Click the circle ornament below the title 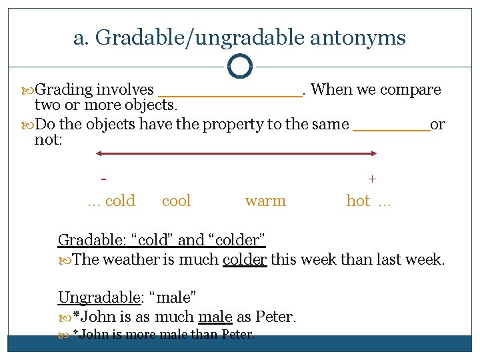pyautogui.click(x=239, y=66)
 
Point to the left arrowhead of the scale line pyautogui.click(x=99, y=153)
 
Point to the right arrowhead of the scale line pyautogui.click(x=374, y=153)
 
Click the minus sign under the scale pyautogui.click(x=103, y=179)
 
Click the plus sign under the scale pyautogui.click(x=372, y=179)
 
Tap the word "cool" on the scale pyautogui.click(x=176, y=201)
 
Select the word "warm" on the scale pyautogui.click(x=265, y=201)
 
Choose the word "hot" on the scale pyautogui.click(x=358, y=201)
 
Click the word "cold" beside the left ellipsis pyautogui.click(x=120, y=201)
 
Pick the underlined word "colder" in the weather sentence pyautogui.click(x=245, y=259)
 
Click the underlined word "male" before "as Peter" pyautogui.click(x=215, y=317)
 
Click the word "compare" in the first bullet pyautogui.click(x=411, y=89)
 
